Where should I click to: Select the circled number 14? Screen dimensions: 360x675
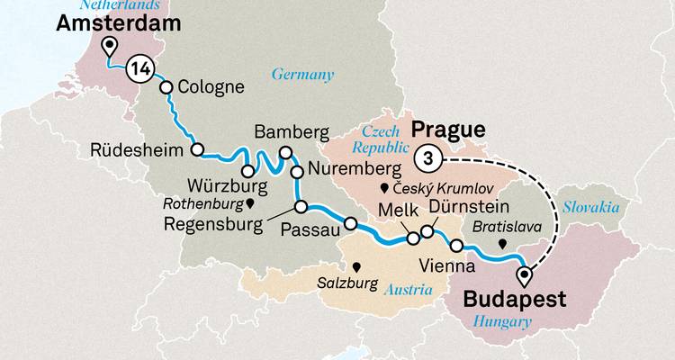[139, 67]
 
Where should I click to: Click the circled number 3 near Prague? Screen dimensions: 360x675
[428, 158]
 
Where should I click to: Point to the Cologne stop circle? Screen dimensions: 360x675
[166, 86]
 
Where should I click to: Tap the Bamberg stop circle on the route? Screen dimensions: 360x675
[286, 152]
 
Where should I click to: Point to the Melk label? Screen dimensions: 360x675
[398, 209]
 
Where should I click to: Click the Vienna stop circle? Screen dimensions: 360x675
[456, 246]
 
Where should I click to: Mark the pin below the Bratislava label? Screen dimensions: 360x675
[502, 243]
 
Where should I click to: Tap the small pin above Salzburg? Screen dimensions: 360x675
[357, 266]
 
